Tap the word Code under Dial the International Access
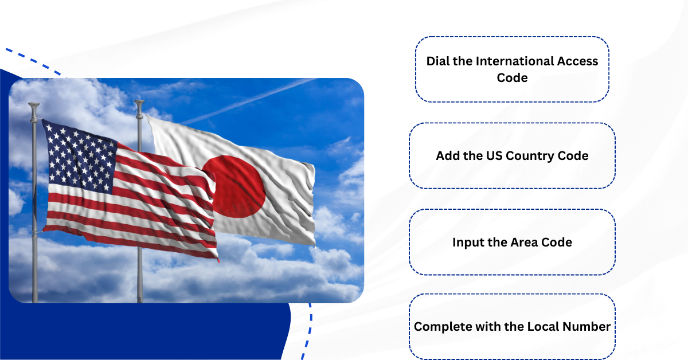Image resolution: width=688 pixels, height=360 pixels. (512, 77)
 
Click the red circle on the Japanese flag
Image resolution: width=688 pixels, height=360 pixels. (234, 186)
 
